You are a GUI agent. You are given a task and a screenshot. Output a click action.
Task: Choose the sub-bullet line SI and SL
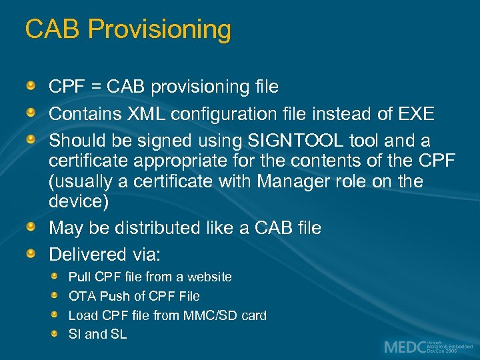[97, 335]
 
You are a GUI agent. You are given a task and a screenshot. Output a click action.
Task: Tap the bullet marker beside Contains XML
[31, 114]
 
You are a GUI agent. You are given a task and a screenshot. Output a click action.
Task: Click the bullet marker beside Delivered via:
[31, 255]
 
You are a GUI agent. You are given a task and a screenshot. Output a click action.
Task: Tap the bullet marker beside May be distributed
[31, 228]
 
